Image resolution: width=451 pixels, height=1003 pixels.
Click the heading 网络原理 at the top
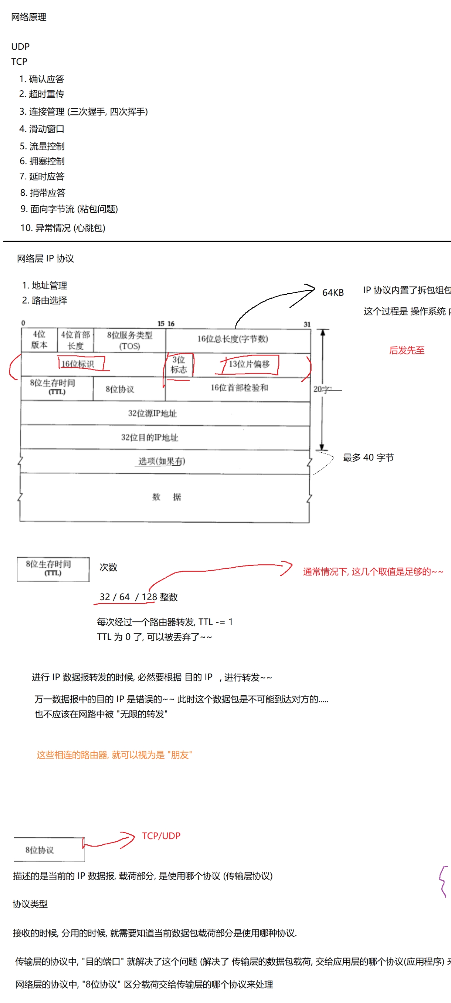(x=28, y=17)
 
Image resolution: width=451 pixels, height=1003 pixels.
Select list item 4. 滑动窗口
(x=42, y=129)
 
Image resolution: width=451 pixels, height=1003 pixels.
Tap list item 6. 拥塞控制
(x=42, y=161)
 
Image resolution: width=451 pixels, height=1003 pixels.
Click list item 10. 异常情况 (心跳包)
(x=62, y=228)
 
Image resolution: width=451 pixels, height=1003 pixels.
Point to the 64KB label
(x=333, y=293)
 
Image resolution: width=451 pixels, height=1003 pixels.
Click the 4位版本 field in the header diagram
(x=39, y=340)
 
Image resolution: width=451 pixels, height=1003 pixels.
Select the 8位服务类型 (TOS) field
(x=130, y=340)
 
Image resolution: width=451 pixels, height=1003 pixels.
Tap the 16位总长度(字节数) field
(x=232, y=339)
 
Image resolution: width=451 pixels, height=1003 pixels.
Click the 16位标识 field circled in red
(x=78, y=364)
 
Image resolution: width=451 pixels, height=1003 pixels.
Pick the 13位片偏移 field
(x=249, y=364)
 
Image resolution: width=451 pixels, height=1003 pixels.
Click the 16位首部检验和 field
(x=239, y=388)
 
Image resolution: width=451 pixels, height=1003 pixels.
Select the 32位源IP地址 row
(x=152, y=413)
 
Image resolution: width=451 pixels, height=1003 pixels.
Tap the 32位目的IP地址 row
(x=149, y=437)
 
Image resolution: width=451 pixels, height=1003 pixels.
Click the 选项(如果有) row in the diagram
(x=162, y=462)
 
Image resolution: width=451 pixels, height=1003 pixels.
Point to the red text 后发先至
(x=407, y=351)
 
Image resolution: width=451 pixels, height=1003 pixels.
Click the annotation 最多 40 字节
(x=368, y=457)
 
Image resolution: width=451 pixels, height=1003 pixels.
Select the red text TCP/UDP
(x=161, y=835)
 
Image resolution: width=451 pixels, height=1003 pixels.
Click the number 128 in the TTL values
(x=149, y=597)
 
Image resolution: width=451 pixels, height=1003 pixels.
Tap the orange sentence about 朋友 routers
(x=114, y=754)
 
